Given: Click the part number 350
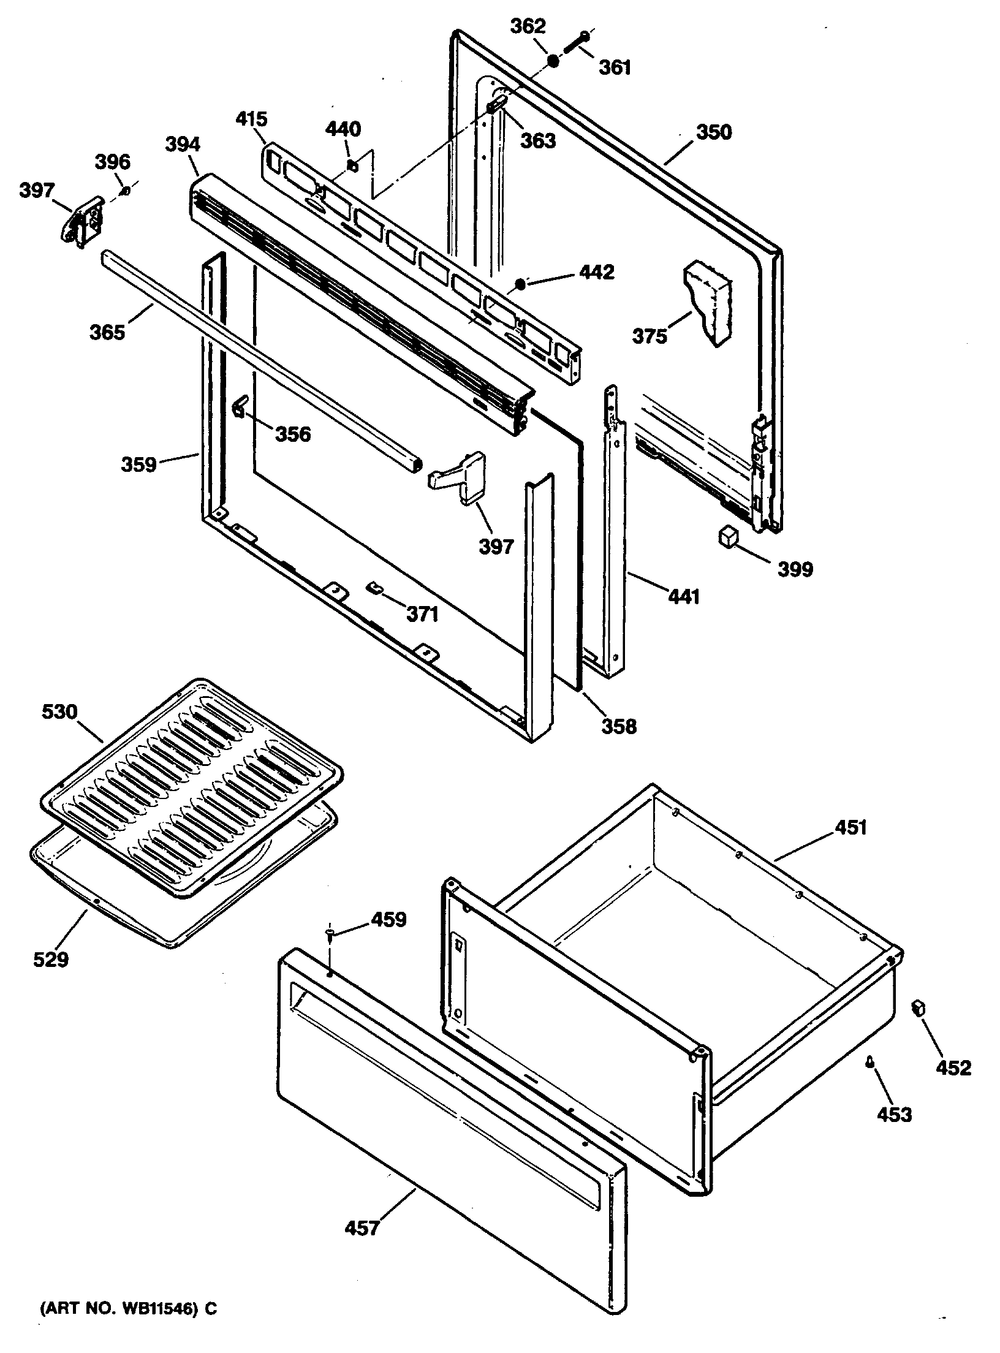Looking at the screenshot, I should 713,132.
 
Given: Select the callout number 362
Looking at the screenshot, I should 528,27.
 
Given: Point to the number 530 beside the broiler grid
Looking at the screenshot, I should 59,711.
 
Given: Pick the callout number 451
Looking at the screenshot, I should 851,827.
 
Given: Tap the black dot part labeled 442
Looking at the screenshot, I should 520,284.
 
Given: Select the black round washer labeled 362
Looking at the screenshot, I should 553,60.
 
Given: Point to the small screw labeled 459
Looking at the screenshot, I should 330,950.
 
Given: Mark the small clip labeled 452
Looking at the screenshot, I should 919,1007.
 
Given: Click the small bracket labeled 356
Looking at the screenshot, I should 239,406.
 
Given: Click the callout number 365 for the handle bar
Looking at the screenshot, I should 108,332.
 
